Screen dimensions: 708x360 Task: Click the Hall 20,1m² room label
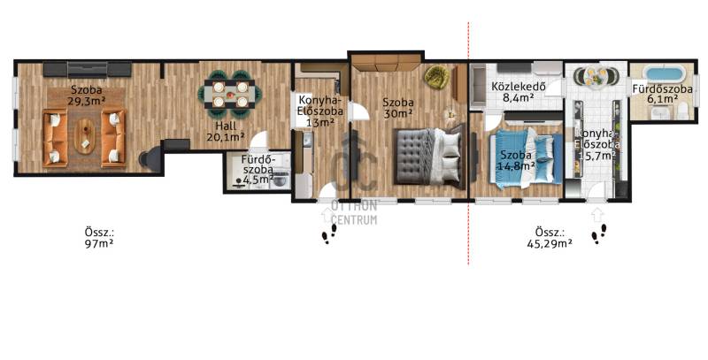pos(226,131)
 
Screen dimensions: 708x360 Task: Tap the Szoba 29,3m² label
pos(86,96)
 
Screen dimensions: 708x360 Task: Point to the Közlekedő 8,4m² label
pos(519,91)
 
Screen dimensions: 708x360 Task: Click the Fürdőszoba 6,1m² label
pos(662,94)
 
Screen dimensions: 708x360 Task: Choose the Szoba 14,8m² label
pos(516,160)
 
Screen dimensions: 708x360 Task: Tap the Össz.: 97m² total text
pos(99,238)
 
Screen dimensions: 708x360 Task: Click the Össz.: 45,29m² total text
pos(550,238)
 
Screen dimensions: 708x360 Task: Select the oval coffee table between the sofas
pos(84,136)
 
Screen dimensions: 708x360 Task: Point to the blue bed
pos(527,158)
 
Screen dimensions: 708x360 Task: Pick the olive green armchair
pos(436,76)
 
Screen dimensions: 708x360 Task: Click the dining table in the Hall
pos(230,95)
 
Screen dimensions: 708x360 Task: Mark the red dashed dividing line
pos(468,143)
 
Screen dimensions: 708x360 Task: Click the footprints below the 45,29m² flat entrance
pos(600,234)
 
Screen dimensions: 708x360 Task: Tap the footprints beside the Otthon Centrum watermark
pos(329,234)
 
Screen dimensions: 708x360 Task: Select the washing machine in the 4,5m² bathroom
pos(281,179)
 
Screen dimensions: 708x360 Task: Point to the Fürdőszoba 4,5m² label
pos(258,170)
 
